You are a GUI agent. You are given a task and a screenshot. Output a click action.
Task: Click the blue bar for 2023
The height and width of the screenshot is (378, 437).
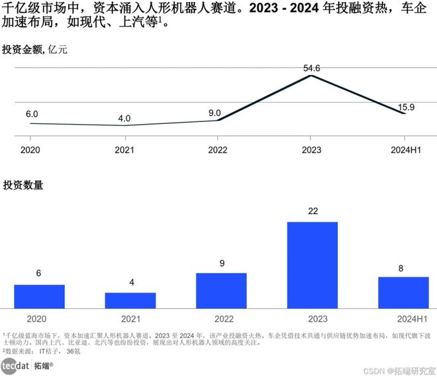(x=312, y=265)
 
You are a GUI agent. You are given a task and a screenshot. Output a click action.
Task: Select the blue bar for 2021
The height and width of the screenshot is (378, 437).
(x=130, y=300)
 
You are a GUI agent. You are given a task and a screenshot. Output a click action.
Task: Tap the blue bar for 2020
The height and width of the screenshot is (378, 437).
(x=39, y=296)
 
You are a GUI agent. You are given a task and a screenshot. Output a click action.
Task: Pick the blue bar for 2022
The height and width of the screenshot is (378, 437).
(x=221, y=290)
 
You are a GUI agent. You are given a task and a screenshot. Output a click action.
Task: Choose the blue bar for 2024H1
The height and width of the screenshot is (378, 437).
(x=403, y=292)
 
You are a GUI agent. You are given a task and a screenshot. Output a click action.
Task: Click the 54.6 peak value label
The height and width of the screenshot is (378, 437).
(x=311, y=68)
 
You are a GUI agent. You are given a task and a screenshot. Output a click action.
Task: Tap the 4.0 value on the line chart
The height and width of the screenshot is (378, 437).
(x=124, y=119)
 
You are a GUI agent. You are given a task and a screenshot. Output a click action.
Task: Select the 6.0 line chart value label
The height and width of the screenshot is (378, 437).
(x=32, y=114)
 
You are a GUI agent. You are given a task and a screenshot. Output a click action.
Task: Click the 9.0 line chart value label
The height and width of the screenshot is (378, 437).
(x=215, y=113)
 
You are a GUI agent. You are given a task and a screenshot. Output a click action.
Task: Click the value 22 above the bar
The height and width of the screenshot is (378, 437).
(x=313, y=211)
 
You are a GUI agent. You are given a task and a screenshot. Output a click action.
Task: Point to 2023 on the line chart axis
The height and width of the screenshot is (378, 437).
(x=311, y=151)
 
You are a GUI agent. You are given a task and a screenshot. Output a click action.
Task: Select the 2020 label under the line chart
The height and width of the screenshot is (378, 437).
(x=31, y=151)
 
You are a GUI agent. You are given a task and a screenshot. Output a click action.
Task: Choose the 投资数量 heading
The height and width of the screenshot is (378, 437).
(x=23, y=186)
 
